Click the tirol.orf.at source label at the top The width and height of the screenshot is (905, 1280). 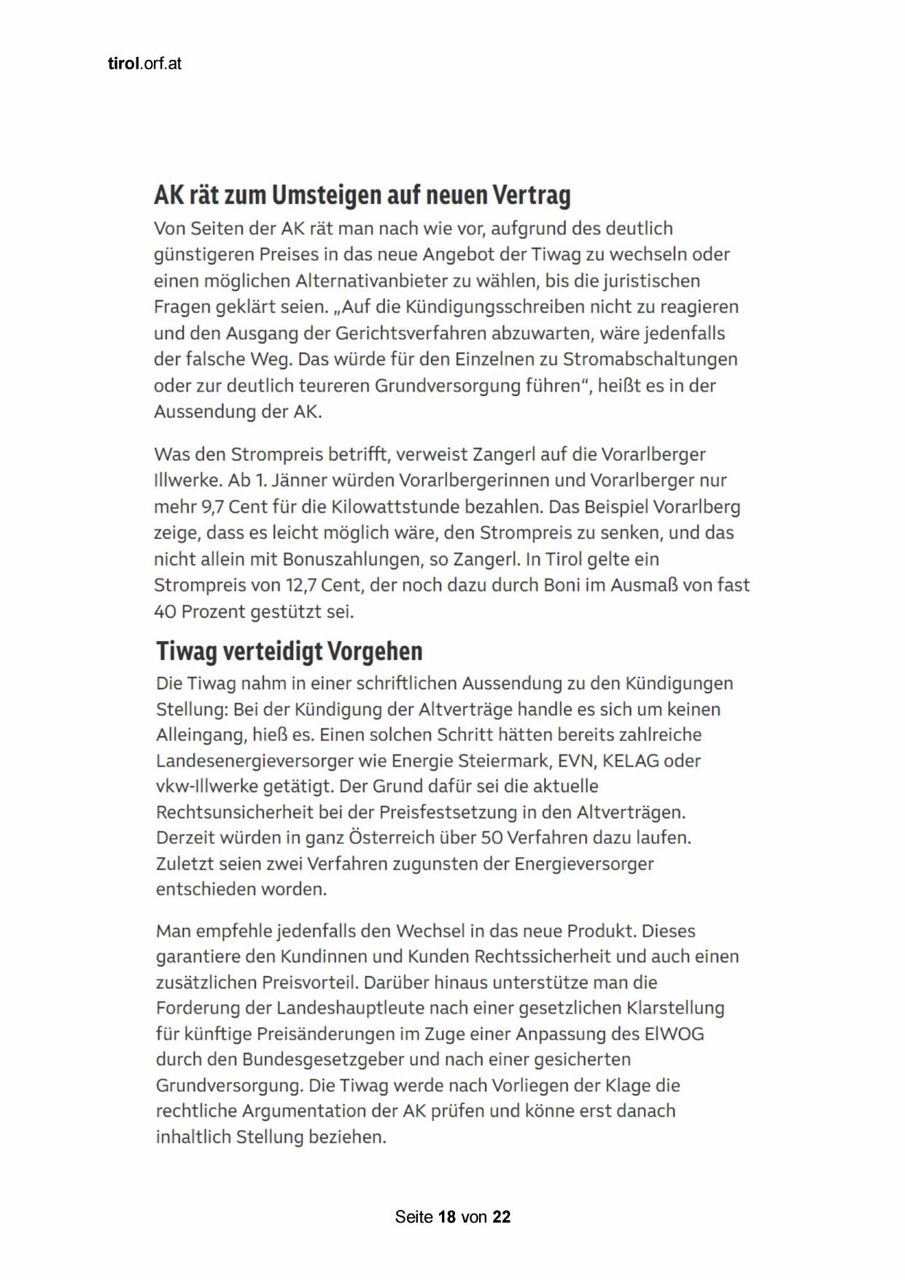coord(144,64)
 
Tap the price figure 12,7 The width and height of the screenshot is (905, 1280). coord(292,586)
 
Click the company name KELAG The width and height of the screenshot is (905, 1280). coord(636,761)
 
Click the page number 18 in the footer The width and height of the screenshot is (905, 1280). coord(447,1217)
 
